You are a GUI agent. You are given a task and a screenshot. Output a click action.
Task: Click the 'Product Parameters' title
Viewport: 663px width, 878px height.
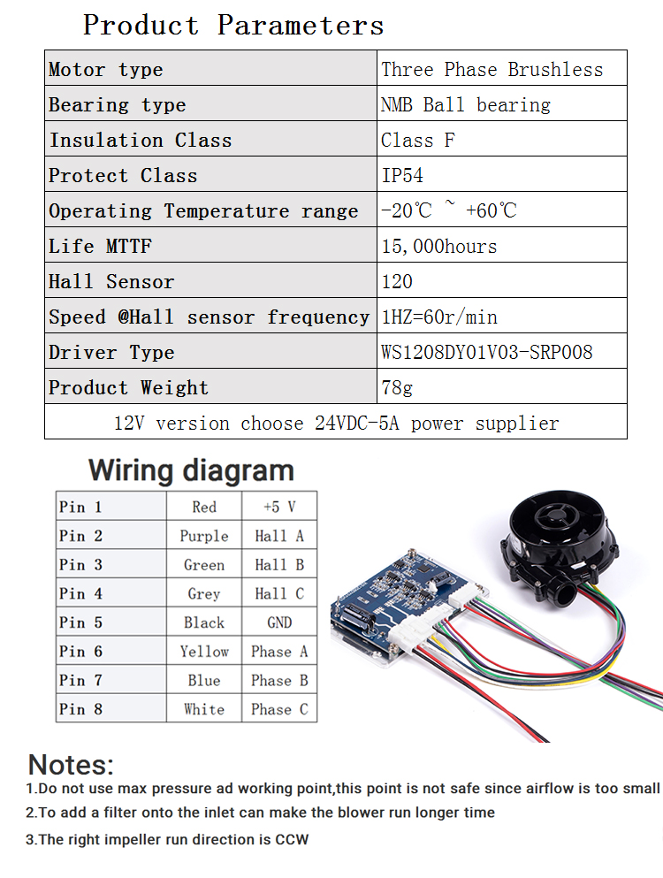(x=233, y=25)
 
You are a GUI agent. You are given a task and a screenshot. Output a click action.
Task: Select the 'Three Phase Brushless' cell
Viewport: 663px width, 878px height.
(x=492, y=70)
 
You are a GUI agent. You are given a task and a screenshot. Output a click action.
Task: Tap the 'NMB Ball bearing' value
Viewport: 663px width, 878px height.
(x=466, y=104)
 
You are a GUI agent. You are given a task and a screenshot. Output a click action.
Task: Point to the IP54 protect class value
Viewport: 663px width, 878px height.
(x=402, y=175)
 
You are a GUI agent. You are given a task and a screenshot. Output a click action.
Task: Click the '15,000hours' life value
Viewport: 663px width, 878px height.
(x=439, y=247)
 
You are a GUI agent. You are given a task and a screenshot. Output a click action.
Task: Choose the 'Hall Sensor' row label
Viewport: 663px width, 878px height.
(x=111, y=281)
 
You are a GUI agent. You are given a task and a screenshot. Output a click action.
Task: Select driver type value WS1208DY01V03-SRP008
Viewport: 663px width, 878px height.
(x=486, y=352)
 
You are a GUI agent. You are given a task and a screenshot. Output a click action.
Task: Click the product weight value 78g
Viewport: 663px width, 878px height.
(x=397, y=387)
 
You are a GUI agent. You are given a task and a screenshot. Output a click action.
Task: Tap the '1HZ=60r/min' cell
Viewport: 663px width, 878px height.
(x=439, y=317)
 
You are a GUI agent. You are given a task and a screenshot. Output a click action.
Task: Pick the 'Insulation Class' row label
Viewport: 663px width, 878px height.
(x=141, y=140)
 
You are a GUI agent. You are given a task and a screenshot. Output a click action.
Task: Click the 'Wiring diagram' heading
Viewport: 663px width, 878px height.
(x=191, y=470)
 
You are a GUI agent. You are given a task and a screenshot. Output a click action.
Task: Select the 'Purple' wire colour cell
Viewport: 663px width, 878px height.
(x=204, y=537)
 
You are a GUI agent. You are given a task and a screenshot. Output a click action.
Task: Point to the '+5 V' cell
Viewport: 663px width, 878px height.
(x=279, y=507)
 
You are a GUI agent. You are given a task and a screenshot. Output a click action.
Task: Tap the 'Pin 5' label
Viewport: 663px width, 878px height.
(x=80, y=622)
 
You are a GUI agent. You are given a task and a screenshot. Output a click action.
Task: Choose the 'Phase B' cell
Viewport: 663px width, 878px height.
(x=279, y=680)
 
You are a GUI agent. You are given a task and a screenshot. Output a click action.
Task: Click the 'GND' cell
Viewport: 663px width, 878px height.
(x=279, y=622)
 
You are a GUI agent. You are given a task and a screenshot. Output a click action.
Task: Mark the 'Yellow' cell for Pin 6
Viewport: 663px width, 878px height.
(x=204, y=652)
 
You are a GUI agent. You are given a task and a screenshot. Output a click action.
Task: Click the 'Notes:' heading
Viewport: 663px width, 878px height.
(x=71, y=765)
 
